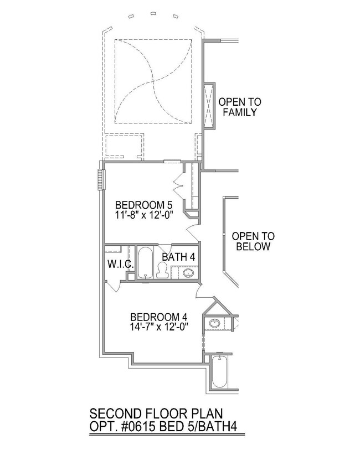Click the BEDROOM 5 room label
pos(143,205)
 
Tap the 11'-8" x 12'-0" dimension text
pos(145,215)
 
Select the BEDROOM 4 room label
pos(159,317)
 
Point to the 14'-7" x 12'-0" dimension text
pos(160,327)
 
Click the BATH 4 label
pos(178,257)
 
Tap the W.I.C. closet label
pos(121,263)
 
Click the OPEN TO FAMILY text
pos(240,107)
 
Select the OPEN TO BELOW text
pos(253,241)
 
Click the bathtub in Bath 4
pos(145,262)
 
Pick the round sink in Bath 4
pos(188,272)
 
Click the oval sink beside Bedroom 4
pos(214,323)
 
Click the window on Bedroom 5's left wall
pos(100,179)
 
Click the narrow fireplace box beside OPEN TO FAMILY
pos(209,106)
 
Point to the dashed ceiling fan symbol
pos(153,81)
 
